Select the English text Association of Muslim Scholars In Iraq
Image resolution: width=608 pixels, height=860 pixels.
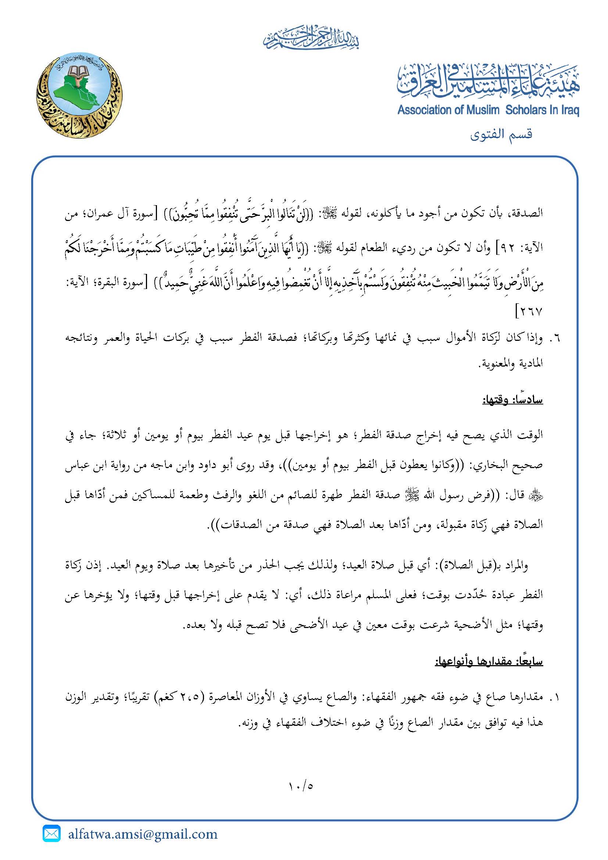488,110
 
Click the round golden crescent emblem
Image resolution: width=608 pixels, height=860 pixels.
79,95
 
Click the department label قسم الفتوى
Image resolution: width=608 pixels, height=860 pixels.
501,134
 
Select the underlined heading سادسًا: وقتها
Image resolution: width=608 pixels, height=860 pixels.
512,400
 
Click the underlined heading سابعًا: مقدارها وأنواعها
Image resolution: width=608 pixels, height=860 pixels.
489,661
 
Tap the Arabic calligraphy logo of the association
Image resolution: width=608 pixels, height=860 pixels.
488,81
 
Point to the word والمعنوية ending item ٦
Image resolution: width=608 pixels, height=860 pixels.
498,364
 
